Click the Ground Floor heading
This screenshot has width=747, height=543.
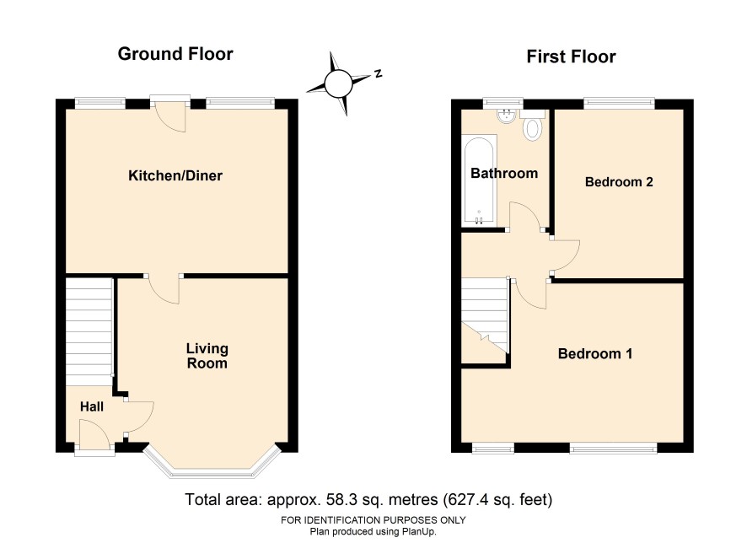[x=175, y=54]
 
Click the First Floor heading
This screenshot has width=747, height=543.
[x=571, y=56]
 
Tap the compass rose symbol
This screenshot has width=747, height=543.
[x=339, y=83]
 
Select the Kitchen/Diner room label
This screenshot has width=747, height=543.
[x=175, y=175]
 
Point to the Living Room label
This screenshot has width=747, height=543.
[x=207, y=356]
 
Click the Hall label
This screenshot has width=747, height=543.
[x=92, y=406]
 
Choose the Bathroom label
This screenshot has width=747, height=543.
[x=504, y=174]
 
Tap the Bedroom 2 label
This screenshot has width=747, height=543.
[x=619, y=182]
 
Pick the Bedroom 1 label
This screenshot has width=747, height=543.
[x=595, y=354]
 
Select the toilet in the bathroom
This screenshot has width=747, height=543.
[x=532, y=125]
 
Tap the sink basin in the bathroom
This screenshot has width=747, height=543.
[x=506, y=116]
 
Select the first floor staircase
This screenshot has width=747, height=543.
[x=485, y=316]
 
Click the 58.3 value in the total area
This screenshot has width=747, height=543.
[x=339, y=500]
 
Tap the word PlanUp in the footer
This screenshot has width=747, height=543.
[x=419, y=531]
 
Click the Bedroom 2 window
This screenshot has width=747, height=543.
[x=619, y=101]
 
